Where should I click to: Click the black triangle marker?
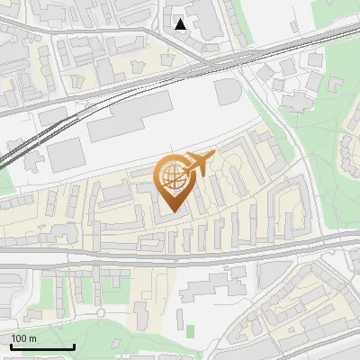[181, 24]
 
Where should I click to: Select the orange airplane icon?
[200, 164]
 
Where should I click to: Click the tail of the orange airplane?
[187, 171]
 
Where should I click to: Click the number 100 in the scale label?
[19, 338]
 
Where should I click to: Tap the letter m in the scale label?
[32, 338]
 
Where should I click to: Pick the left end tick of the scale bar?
[11, 346]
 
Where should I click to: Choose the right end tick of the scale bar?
[74, 346]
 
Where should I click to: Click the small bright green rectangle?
[190, 328]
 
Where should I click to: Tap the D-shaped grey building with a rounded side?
[227, 91]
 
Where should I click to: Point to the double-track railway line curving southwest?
[27, 148]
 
